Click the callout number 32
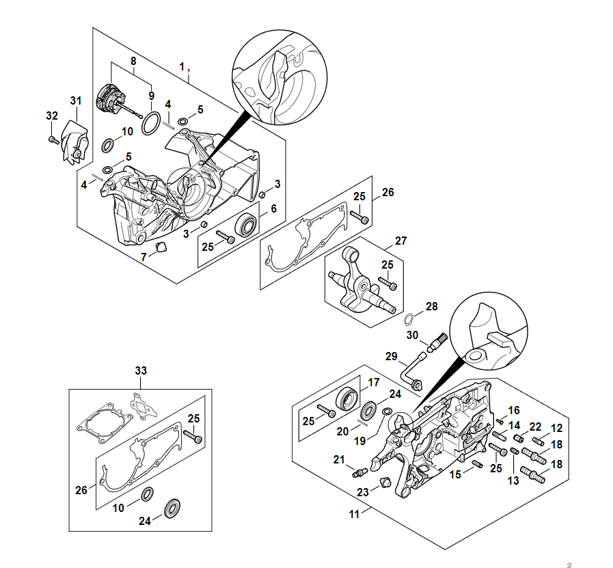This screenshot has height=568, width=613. pos(52,116)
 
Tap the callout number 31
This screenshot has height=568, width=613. pos(76,100)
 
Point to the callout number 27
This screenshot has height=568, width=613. pos(401,241)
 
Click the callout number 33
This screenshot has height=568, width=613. pos(141,370)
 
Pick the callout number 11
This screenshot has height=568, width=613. pos(354,514)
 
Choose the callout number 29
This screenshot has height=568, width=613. pos(392,356)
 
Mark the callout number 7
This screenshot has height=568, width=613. pos(144,257)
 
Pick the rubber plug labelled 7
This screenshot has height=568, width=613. pos(162,246)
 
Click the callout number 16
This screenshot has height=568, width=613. pos(514,410)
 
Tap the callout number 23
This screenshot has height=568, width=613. pos(363,491)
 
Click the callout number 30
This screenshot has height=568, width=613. pos(412,334)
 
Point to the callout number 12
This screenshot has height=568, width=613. pos(556,428)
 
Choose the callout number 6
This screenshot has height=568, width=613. pos(273,208)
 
